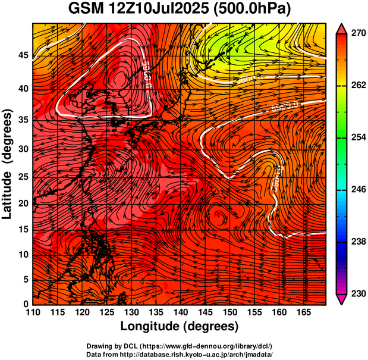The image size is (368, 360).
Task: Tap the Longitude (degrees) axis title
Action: (180, 326)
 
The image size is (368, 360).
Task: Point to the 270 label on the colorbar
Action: (358, 35)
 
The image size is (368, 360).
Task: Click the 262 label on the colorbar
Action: (358, 86)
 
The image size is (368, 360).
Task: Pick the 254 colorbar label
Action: (358, 137)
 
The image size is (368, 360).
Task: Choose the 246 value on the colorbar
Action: (358, 189)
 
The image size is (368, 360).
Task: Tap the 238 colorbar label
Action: (358, 242)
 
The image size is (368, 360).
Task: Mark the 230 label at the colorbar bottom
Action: (358, 293)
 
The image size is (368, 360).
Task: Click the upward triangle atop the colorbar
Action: (342, 29)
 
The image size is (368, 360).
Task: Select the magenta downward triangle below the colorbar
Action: (342, 299)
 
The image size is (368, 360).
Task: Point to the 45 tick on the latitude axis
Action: (23, 55)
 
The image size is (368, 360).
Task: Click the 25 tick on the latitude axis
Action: (23, 177)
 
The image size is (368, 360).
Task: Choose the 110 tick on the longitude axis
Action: (33, 312)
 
